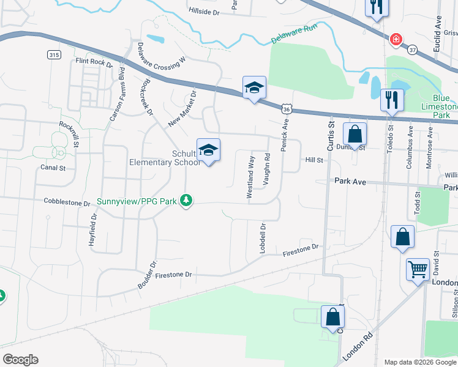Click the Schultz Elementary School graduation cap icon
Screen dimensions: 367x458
tap(208, 150)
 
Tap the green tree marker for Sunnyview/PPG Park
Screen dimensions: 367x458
tap(187, 200)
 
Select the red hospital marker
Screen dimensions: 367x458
tap(397, 40)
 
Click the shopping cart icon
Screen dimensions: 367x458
tap(418, 269)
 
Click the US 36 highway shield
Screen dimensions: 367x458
tap(287, 108)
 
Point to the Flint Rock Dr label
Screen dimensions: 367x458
tap(94, 62)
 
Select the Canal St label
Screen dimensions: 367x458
tap(53, 167)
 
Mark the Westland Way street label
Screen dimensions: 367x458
tap(250, 176)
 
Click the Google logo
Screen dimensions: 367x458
tap(20, 360)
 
